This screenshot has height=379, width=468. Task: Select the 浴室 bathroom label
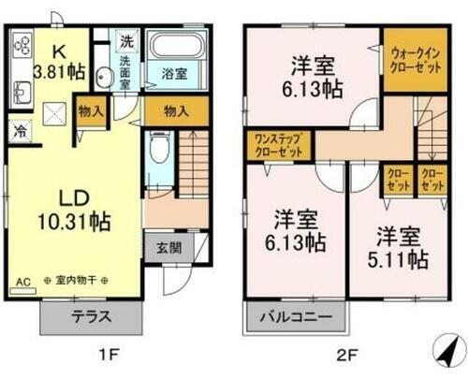pos(168,72)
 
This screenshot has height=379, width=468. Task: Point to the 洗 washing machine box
pos(125,41)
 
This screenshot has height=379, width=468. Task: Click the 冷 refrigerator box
pos(19,131)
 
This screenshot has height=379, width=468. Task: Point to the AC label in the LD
pos(21,281)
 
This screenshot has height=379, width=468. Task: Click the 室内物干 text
pos(80,281)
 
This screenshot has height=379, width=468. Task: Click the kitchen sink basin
pos(22,91)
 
